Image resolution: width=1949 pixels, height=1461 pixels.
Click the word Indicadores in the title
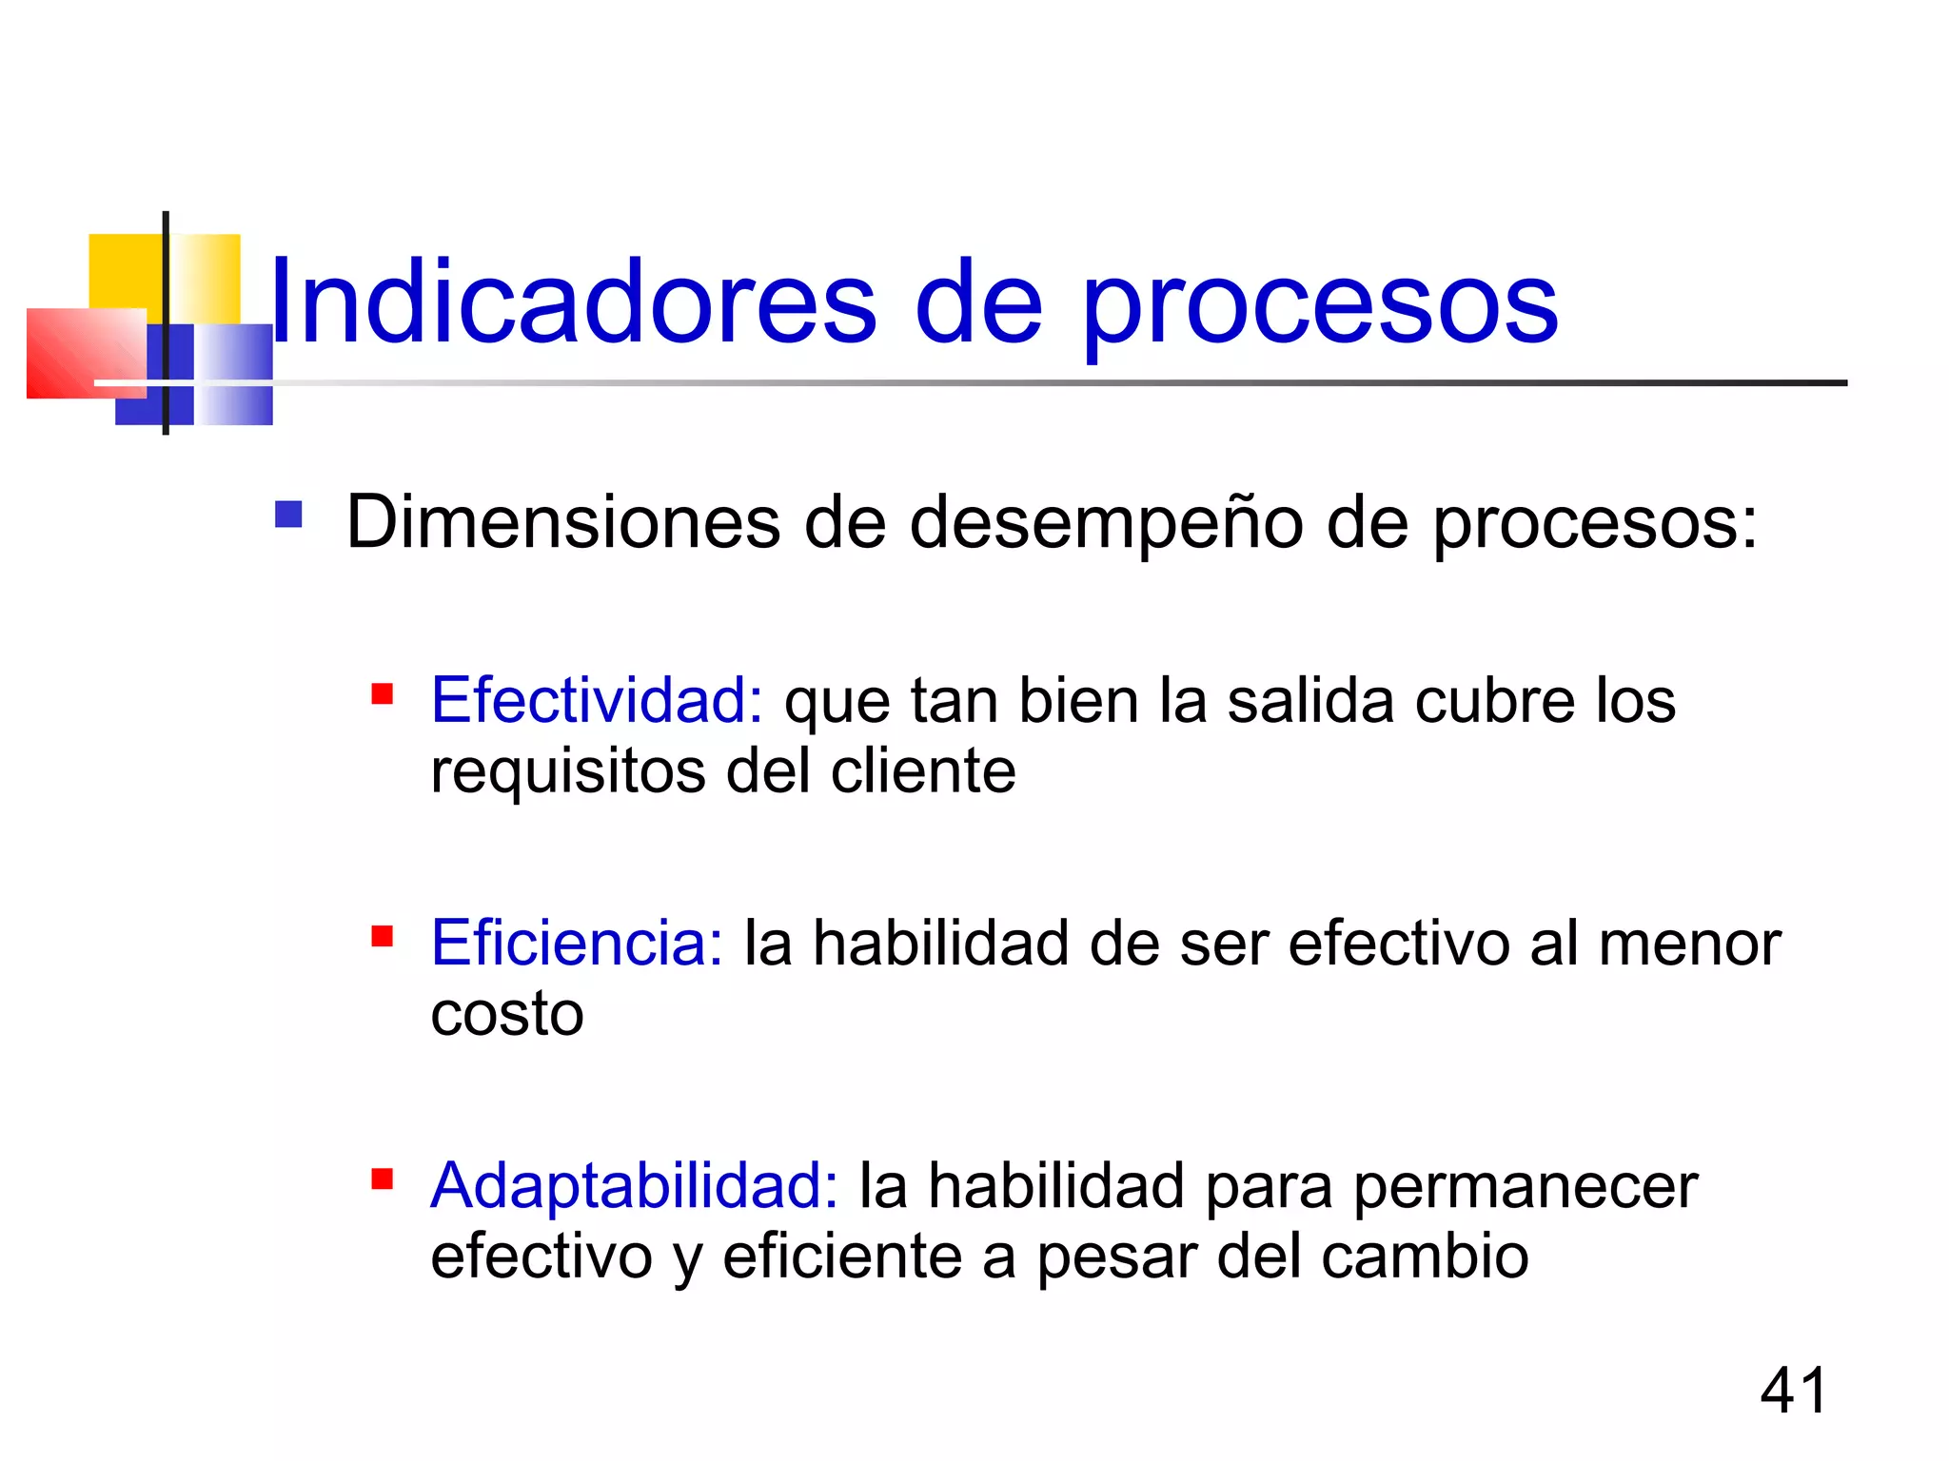[x=571, y=302]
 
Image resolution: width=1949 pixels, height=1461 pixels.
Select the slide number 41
[x=1793, y=1391]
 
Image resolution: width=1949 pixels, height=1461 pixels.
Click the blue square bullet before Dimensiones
[x=288, y=515]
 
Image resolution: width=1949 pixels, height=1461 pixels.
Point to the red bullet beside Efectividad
[x=383, y=693]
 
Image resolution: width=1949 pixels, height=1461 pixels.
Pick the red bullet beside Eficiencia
[x=383, y=937]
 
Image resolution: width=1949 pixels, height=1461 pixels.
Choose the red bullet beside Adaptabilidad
[x=383, y=1179]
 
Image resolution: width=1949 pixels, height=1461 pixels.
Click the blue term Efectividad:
[x=597, y=700]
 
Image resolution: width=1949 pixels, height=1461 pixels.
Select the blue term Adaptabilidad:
[x=634, y=1186]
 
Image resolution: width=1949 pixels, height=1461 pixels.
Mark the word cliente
[x=923, y=770]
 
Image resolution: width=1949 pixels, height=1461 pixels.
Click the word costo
[x=506, y=1014]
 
